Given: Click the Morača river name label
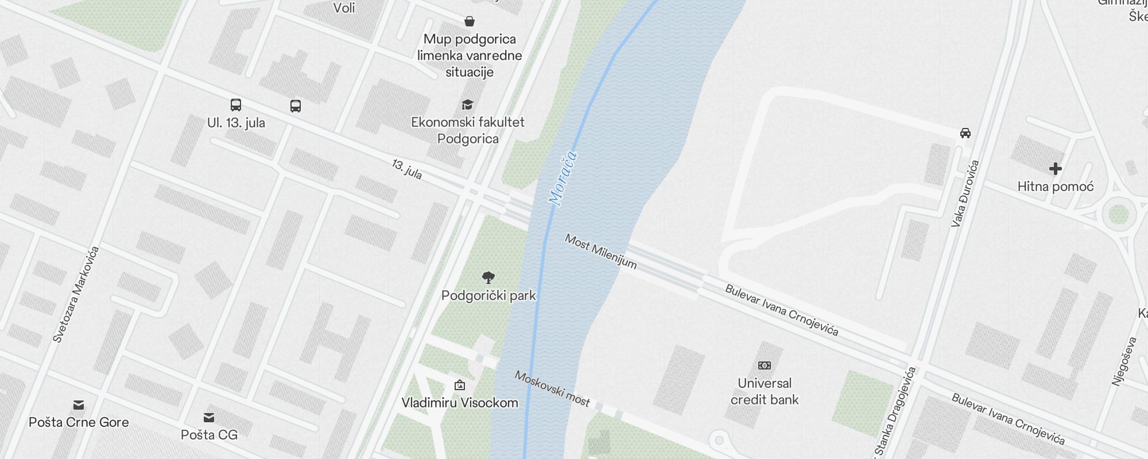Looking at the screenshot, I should click(x=563, y=178).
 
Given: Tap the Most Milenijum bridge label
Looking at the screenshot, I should click(x=600, y=251).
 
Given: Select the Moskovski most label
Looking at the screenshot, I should click(x=552, y=388).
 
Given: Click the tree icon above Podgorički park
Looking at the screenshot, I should click(x=488, y=278).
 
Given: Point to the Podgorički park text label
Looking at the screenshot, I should click(x=488, y=295).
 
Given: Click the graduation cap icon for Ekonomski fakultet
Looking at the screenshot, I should click(x=468, y=105).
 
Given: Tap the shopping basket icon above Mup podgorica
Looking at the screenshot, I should click(x=470, y=22).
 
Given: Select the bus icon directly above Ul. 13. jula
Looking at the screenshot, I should click(x=236, y=105).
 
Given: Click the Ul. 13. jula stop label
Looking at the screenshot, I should click(x=236, y=123).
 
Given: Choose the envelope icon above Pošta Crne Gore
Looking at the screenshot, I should click(x=79, y=405).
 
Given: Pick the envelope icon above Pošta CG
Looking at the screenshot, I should click(x=209, y=417).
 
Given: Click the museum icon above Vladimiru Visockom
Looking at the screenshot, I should click(x=460, y=385).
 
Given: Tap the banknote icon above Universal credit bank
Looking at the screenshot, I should click(x=765, y=365).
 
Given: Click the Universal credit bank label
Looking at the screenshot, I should click(x=765, y=391).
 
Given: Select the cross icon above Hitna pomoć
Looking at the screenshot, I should click(x=1055, y=169).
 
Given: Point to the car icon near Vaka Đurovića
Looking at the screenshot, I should click(x=965, y=133).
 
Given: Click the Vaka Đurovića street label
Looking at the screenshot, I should click(x=965, y=194).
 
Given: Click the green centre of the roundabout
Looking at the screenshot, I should click(x=1118, y=215).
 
